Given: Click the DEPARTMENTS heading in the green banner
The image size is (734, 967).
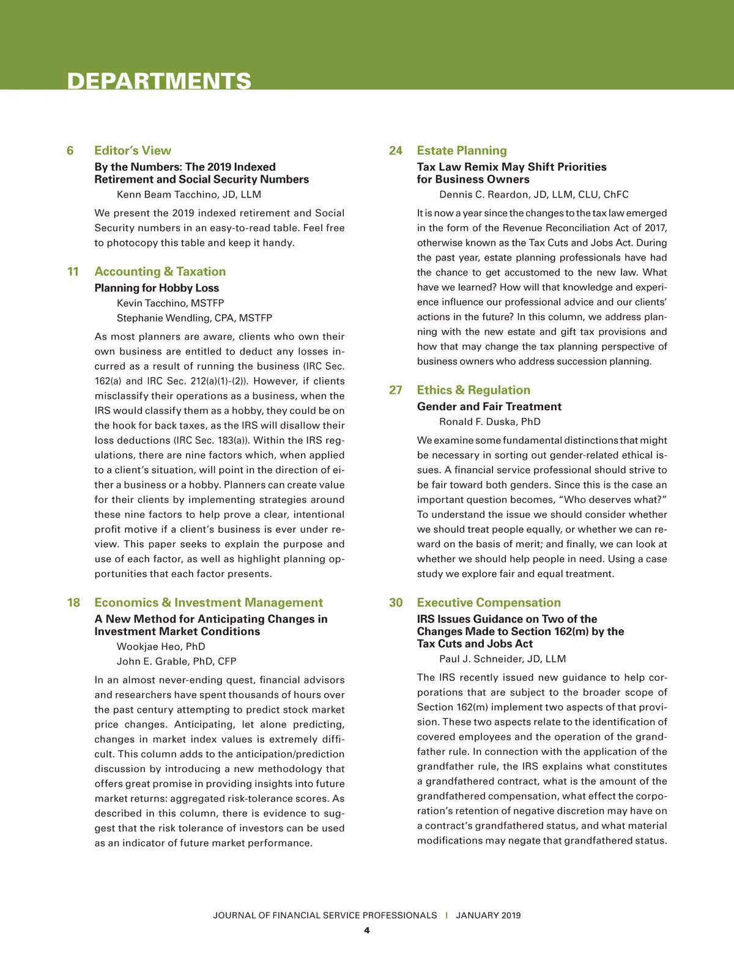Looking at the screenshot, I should click(x=159, y=81).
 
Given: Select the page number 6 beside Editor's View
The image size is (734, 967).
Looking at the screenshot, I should click(x=70, y=150).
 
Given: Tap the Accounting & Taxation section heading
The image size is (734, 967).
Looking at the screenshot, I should click(x=160, y=271).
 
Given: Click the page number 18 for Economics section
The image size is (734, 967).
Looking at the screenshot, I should click(x=73, y=603).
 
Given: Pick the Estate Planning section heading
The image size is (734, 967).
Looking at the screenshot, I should click(x=462, y=150).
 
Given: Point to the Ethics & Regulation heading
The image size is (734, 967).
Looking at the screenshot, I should click(x=473, y=390).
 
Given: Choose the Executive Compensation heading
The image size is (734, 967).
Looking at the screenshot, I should click(x=489, y=603).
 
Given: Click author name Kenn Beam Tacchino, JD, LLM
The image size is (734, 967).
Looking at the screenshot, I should click(x=189, y=194).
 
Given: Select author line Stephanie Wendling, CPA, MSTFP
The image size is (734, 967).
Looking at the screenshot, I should click(x=195, y=318).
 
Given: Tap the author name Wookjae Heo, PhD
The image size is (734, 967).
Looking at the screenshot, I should click(x=161, y=646).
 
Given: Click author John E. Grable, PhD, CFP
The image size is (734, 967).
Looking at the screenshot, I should click(x=177, y=661).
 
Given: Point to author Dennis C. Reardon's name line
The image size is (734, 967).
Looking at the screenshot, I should click(x=534, y=194).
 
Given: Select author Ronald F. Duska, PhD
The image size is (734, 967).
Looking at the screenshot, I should click(x=490, y=422).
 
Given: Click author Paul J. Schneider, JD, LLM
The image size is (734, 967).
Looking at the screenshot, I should click(x=503, y=659).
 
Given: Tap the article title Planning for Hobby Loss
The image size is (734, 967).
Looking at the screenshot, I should click(x=157, y=288).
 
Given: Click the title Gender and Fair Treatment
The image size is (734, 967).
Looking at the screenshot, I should click(x=489, y=406).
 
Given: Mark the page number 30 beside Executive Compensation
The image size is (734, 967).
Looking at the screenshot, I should click(x=396, y=603).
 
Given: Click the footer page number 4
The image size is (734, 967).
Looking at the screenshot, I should click(x=367, y=930).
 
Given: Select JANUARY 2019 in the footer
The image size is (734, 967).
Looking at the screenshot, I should click(x=488, y=915).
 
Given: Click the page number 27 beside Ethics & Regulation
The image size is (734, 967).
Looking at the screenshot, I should click(x=396, y=390).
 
